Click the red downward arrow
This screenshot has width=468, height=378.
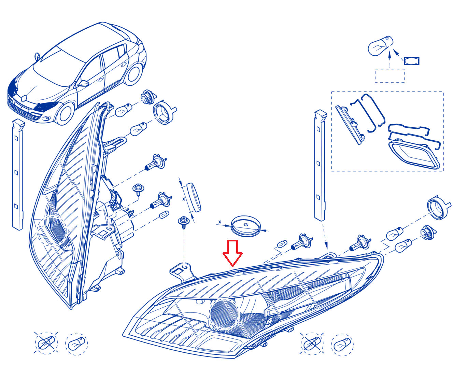coord(232,253)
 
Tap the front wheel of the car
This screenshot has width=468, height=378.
coord(65,114)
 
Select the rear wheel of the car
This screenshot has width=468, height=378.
coord(133,74)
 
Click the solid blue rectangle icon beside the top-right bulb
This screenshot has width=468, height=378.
coord(412,61)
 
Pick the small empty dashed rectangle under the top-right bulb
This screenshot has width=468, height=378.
coord(390,75)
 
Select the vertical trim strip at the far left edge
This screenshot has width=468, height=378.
coord(18,175)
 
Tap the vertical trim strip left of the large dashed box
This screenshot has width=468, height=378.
coord(320,165)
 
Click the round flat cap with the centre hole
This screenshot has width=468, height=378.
coord(246,226)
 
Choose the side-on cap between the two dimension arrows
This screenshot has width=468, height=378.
coord(194,197)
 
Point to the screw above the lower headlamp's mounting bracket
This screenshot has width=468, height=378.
coord(184,222)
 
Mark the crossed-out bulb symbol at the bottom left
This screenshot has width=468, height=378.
coord(46,343)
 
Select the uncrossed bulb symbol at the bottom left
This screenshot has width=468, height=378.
coord(76,344)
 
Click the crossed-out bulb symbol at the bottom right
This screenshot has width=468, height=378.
coord(312,343)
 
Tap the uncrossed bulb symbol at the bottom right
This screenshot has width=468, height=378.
coord(342,345)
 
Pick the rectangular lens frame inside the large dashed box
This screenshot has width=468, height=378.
coord(414,154)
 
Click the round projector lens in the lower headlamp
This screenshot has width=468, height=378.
coord(224,314)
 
